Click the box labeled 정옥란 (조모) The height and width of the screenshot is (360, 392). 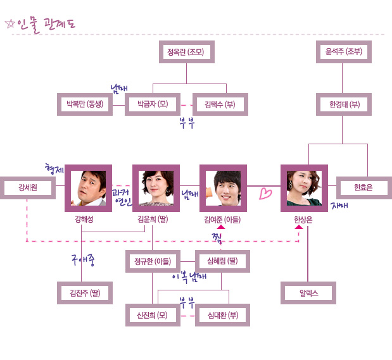[x=186, y=52]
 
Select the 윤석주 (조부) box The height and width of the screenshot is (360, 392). [x=343, y=52]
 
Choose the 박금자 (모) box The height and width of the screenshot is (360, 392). [x=153, y=104]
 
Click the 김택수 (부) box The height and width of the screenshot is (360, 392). [x=220, y=104]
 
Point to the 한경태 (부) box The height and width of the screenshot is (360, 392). [x=344, y=104]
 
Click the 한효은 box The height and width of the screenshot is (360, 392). [x=364, y=188]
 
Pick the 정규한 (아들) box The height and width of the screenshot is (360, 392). [x=153, y=261]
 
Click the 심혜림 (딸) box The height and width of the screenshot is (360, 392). [x=222, y=261]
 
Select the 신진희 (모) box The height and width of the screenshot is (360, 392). [x=153, y=314]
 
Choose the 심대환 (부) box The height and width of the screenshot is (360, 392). [x=222, y=314]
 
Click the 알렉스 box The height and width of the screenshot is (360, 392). [x=308, y=293]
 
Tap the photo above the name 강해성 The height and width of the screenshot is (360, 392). [x=88, y=188]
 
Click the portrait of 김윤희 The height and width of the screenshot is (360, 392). [x=156, y=188]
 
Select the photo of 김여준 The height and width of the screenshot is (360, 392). [x=223, y=188]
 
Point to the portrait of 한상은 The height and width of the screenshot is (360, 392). [x=304, y=188]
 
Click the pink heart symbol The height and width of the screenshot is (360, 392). [x=265, y=194]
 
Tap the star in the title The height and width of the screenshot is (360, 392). [x=9, y=24]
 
